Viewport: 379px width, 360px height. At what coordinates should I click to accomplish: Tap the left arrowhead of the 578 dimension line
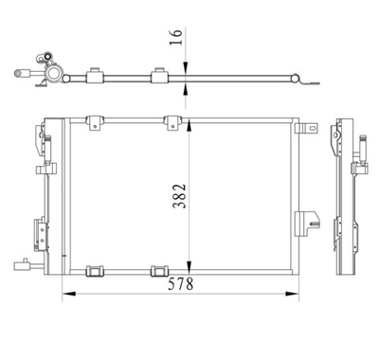pyautogui.click(x=67, y=294)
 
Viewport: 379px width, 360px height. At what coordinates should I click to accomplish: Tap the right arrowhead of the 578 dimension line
pyautogui.click(x=301, y=294)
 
